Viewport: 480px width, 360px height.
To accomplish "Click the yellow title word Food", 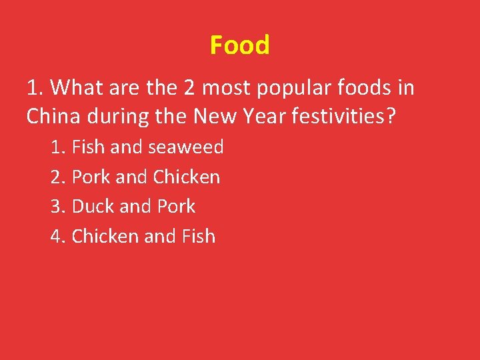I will [x=239, y=45].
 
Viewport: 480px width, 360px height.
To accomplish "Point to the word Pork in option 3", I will [x=176, y=207].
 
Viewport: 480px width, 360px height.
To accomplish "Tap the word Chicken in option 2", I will [x=186, y=177].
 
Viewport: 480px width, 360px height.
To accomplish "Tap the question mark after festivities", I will [x=391, y=117].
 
